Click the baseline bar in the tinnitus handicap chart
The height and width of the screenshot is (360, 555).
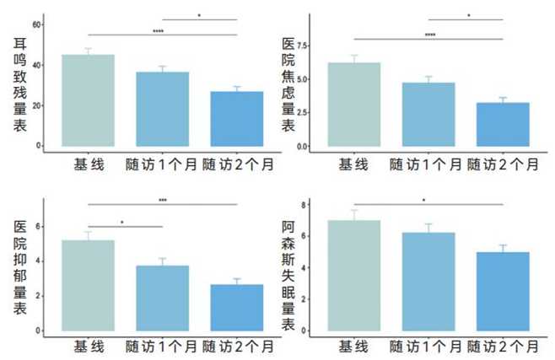(89, 100)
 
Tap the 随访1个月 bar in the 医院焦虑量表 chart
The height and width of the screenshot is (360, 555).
(428, 114)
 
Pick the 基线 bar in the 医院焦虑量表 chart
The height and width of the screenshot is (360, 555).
(354, 105)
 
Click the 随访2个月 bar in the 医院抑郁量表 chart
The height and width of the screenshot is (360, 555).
(237, 307)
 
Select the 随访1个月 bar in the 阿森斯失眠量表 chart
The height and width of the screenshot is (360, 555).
(428, 281)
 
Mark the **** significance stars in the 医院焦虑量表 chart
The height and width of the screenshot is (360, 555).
(429, 35)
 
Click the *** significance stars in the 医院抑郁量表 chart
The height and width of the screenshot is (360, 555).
(163, 200)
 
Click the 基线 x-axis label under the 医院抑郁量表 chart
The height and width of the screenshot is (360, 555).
(89, 347)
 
